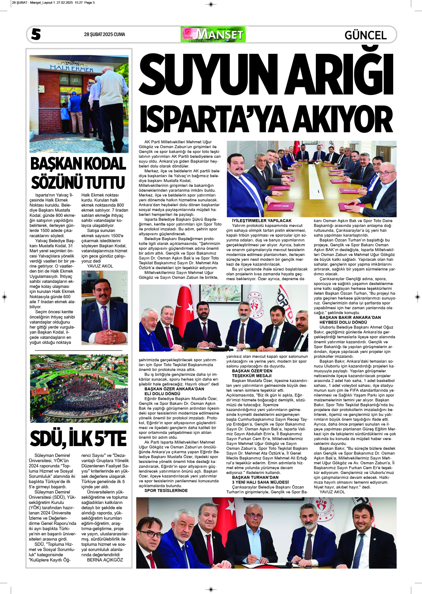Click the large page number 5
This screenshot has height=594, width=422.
(36, 34)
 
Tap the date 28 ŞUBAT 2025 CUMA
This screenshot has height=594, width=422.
(104, 34)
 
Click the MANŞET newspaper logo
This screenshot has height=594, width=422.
(213, 34)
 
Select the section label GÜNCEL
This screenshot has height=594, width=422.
(365, 35)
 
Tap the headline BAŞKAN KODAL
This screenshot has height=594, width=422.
(78, 164)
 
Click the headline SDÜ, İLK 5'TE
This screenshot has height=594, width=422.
(78, 438)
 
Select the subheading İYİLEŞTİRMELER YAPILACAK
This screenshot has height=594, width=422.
(261, 220)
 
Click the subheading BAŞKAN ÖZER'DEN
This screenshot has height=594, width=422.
(252, 371)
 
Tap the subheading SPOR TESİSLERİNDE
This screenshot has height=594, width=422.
(166, 491)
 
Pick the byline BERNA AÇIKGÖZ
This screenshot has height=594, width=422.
(105, 560)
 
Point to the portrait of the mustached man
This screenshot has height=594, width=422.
(104, 308)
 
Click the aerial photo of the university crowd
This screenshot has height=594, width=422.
(79, 388)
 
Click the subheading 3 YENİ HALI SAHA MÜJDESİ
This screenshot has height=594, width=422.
(260, 482)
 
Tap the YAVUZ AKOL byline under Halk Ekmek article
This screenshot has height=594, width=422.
(100, 266)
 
